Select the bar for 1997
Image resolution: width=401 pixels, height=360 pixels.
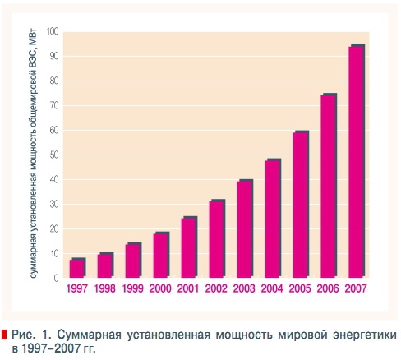point(76,269)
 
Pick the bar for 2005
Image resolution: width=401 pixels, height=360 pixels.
point(300,205)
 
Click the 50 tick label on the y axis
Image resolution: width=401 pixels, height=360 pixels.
point(53,155)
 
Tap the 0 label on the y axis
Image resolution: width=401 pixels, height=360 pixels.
point(56,278)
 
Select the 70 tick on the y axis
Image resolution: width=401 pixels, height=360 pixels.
point(53,105)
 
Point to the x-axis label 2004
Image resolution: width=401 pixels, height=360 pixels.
point(273,290)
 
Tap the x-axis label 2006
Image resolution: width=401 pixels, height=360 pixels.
point(329,290)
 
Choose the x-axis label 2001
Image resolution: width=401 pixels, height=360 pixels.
point(189,290)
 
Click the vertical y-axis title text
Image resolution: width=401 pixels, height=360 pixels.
point(35,156)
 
